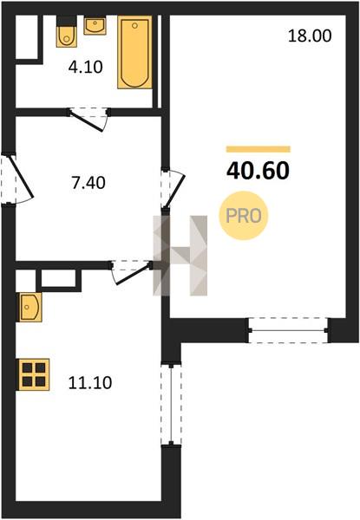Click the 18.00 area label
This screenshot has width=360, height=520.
tap(310, 36)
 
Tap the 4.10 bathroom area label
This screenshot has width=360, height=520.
tap(86, 68)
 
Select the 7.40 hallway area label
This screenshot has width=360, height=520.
tap(88, 183)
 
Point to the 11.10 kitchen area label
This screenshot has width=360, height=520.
tap(90, 383)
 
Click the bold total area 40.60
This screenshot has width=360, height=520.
tap(258, 171)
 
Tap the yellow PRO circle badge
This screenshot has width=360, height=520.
tap(243, 216)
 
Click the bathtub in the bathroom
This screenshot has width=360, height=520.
tap(134, 52)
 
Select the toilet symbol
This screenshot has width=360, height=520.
tap(66, 32)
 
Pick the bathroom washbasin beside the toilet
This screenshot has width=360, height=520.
tap(95, 25)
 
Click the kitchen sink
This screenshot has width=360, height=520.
tap(29, 307)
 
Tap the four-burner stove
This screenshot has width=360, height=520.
tap(33, 374)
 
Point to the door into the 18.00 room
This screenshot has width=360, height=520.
tap(172, 189)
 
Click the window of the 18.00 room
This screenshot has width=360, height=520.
tap(288, 330)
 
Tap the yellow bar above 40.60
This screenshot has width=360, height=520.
tap(259, 149)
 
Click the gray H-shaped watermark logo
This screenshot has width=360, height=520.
tap(180, 256)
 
